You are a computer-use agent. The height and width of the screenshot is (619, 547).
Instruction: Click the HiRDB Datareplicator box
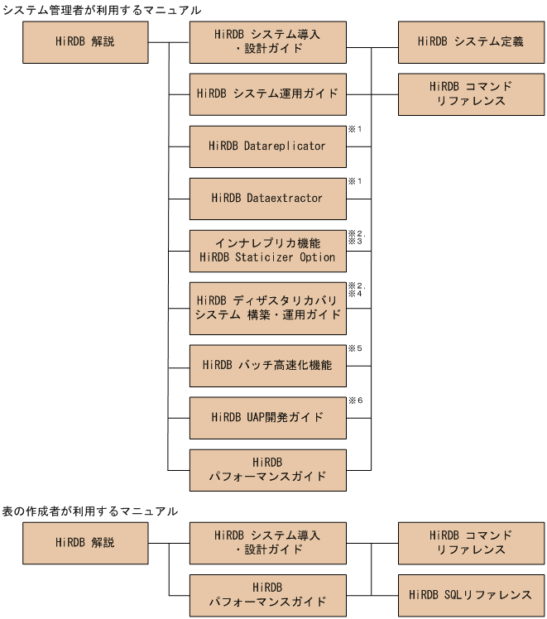coord(267,146)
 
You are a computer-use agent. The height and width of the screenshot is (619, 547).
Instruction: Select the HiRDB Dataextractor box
coord(267,198)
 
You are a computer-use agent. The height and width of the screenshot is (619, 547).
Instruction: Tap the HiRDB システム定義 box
coord(471,41)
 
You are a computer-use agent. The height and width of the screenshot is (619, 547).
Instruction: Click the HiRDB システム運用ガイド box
coord(267,94)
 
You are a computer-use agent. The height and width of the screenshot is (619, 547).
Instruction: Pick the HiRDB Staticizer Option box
coord(267,250)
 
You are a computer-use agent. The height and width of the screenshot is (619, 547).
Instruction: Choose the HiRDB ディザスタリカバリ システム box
coord(267,307)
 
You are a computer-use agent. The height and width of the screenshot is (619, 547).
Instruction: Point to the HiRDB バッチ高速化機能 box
coord(267,365)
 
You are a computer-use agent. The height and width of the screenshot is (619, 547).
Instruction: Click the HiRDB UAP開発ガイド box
coord(267,417)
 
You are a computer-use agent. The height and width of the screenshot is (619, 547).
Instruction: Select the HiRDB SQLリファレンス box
coord(471,594)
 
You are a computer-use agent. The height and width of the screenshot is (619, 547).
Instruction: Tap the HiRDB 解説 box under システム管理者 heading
coord(85,41)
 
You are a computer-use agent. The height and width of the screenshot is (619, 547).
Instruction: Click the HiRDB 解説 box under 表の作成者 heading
coord(85,543)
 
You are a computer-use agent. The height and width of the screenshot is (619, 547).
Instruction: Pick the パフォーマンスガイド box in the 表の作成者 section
coord(267,594)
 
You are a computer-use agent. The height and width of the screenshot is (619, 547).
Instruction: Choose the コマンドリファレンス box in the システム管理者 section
coord(471,94)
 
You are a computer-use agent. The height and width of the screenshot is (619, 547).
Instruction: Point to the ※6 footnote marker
coord(356,401)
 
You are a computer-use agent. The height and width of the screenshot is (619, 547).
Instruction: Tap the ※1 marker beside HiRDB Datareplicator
coord(356,130)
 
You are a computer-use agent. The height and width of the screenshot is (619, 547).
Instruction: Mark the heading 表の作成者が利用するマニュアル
coord(89,511)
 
